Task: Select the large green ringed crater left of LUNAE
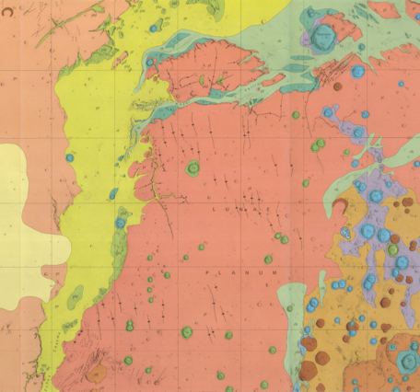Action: point(192,168)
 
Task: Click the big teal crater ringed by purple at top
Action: point(323,36)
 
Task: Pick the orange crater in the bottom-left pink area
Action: point(97,374)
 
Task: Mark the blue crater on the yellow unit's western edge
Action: point(69,157)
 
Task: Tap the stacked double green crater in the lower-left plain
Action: point(130,325)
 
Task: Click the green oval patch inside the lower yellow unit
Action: point(75,294)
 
